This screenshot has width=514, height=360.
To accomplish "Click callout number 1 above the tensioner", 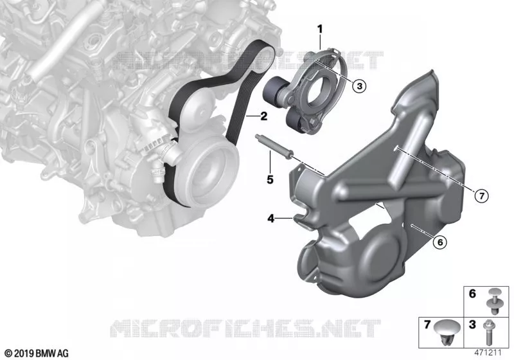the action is [x=319, y=30].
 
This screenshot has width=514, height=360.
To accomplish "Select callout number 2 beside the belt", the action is [x=263, y=116].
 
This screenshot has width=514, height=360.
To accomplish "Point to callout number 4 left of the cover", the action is [x=270, y=218].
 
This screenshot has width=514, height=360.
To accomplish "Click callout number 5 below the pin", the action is [x=270, y=179].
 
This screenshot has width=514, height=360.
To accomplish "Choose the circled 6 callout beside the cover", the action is [x=439, y=242].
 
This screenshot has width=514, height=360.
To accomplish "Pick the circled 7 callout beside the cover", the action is [x=481, y=196].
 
